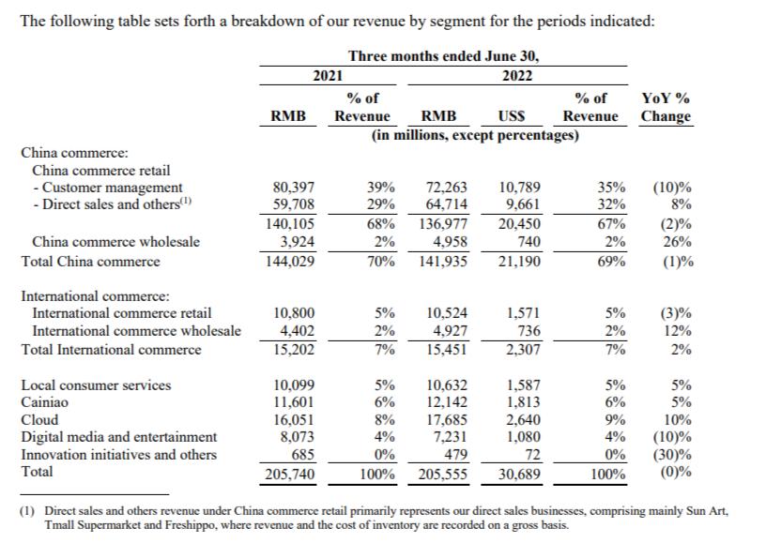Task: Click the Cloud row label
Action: click(39, 419)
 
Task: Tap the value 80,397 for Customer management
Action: click(294, 188)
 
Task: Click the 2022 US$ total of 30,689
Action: click(519, 474)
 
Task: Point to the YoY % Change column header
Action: click(666, 107)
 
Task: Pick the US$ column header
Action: click(511, 116)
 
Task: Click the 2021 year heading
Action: click(328, 76)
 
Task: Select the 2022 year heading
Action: click(517, 76)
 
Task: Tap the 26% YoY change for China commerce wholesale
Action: click(677, 242)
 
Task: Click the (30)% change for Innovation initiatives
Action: click(673, 455)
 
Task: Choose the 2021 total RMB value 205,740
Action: click(290, 474)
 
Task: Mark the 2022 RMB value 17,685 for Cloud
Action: click(447, 419)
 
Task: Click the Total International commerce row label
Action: click(111, 350)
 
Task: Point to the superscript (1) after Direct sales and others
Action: click(186, 200)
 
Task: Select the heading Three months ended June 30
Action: click(443, 56)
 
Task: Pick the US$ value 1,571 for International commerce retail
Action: click(524, 312)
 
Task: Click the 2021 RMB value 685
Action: click(303, 455)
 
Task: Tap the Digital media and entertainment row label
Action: click(118, 437)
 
